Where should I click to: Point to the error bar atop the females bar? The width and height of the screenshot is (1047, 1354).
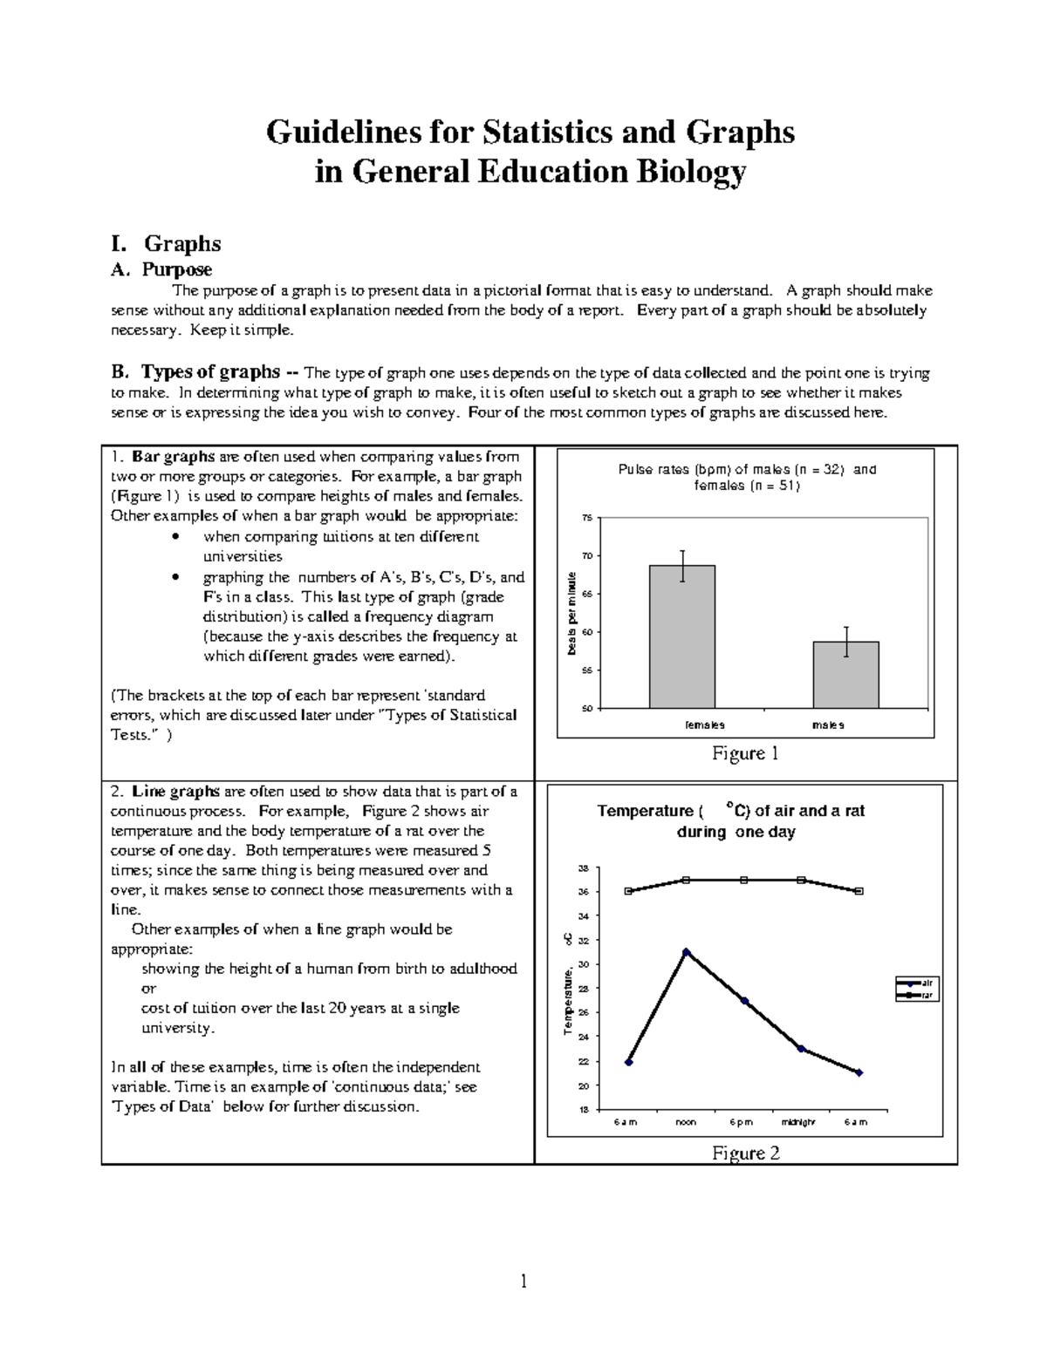point(682,565)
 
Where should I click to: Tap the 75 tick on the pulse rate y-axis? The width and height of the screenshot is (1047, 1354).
point(586,519)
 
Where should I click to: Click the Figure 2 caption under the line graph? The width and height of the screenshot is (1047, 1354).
point(745,1153)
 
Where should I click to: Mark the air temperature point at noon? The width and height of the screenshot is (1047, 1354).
point(686,952)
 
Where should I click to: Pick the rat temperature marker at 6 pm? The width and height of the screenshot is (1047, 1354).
point(743,881)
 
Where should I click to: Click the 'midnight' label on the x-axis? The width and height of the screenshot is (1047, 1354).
point(798,1123)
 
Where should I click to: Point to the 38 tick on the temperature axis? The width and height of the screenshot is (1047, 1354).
point(584,868)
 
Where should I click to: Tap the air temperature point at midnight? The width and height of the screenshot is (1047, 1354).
point(801,1049)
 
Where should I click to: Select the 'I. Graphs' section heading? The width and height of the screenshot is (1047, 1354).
point(166,243)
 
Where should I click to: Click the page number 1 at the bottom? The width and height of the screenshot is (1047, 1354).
point(523,1281)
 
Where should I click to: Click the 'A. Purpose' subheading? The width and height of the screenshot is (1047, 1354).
point(161,269)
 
